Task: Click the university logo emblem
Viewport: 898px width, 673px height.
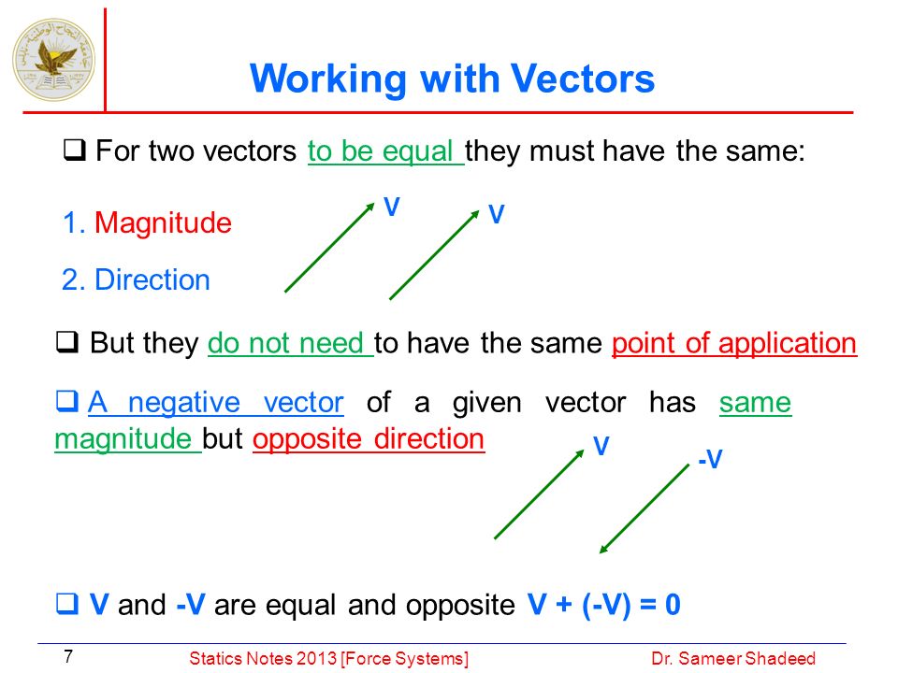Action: pyautogui.click(x=54, y=60)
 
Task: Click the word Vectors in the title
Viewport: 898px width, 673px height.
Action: pyautogui.click(x=583, y=79)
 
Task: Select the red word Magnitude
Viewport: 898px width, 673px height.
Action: pyautogui.click(x=163, y=222)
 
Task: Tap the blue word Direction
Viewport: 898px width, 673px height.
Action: pyautogui.click(x=152, y=279)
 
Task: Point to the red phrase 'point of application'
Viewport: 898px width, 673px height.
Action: pyautogui.click(x=734, y=344)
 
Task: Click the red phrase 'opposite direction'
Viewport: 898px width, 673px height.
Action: pyautogui.click(x=369, y=439)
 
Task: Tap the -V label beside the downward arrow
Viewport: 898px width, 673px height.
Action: pyautogui.click(x=710, y=459)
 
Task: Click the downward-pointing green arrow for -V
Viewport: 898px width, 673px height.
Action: pyautogui.click(x=645, y=508)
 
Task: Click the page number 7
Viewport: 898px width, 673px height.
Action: pyautogui.click(x=68, y=656)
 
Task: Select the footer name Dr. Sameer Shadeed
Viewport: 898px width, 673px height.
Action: pyautogui.click(x=733, y=659)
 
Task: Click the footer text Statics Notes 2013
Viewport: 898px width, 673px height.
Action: pyautogui.click(x=264, y=659)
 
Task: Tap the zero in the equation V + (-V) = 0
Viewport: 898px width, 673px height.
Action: pyautogui.click(x=673, y=605)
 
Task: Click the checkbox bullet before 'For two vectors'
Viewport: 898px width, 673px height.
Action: pyautogui.click(x=75, y=150)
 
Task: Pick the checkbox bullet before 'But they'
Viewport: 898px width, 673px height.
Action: pyautogui.click(x=67, y=342)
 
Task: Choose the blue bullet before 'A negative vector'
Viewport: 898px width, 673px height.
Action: pyautogui.click(x=67, y=401)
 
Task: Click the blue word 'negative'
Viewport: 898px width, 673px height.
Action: pyautogui.click(x=183, y=403)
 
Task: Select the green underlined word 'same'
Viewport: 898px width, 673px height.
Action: pyautogui.click(x=756, y=403)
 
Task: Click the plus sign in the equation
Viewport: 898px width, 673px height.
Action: pyautogui.click(x=564, y=605)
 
